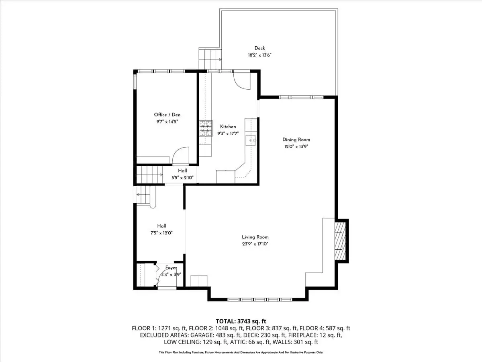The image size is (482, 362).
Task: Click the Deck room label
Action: coord(259,48)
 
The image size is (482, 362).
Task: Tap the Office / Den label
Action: coord(167,115)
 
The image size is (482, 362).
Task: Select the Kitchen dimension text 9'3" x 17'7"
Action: coord(228,134)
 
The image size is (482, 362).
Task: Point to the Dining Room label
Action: coord(296,140)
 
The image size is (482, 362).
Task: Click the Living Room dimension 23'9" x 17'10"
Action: coord(255,244)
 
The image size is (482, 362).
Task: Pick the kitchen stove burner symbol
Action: coord(206,128)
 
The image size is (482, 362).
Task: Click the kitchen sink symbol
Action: coord(251,140)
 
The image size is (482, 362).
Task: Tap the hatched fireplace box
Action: coord(340,241)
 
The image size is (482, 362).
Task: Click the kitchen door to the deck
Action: coord(241,81)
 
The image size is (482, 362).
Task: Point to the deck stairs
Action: coord(210,60)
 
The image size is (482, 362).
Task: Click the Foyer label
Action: coord(171,268)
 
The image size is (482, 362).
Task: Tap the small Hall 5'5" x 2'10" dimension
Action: coord(182,178)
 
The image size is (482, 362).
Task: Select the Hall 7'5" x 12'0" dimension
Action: coord(161,233)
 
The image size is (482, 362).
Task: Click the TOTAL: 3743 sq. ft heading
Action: coord(241,321)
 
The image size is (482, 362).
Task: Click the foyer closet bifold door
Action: coord(157,275)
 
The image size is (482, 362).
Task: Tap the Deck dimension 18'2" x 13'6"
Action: coord(259,55)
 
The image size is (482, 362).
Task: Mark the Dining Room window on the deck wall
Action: coord(301,97)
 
